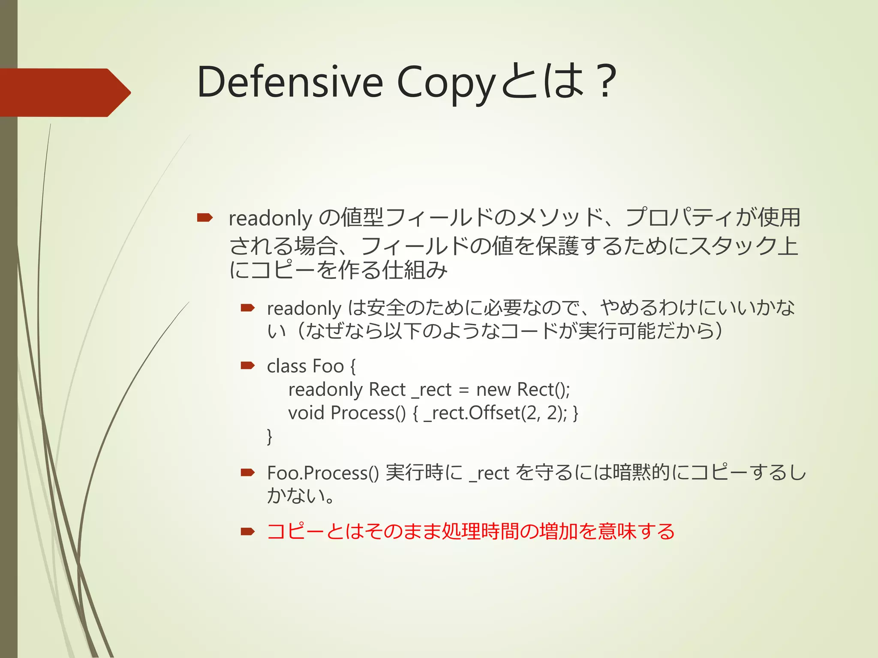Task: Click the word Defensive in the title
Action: pos(290,82)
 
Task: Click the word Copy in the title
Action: pos(446,82)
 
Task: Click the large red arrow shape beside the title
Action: pos(64,93)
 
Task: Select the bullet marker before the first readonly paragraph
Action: pos(204,218)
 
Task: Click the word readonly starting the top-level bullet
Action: pos(270,218)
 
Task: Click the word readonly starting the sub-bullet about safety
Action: pos(304,308)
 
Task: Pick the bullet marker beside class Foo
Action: pos(248,365)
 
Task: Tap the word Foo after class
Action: pos(328,366)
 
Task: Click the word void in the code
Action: pos(306,413)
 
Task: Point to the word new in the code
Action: pos(493,390)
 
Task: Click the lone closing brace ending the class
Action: pos(270,437)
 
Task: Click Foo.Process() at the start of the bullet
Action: pos(323,473)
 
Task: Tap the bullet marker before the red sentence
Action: pos(248,532)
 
